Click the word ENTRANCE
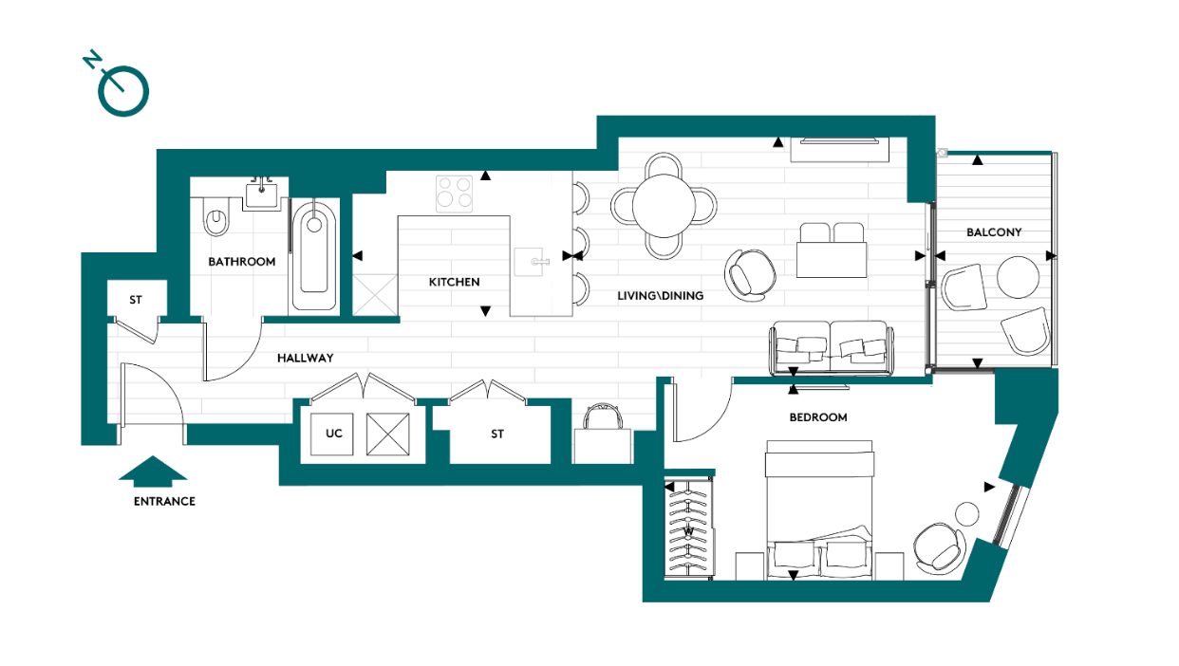[x=164, y=501]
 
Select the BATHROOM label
[x=242, y=262]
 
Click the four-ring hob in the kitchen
[x=455, y=194]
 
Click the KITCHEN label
[x=454, y=282]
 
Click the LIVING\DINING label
[x=661, y=296]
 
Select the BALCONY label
[x=994, y=232]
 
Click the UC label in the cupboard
[x=334, y=434]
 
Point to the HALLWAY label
[x=305, y=359]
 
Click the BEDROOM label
[x=817, y=417]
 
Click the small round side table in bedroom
[x=966, y=513]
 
